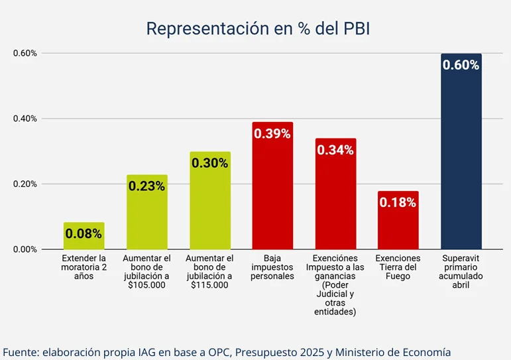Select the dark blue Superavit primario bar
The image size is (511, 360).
pyautogui.click(x=461, y=166)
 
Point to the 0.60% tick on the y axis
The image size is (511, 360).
pyautogui.click(x=25, y=53)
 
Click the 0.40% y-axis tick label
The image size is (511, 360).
pyautogui.click(x=25, y=119)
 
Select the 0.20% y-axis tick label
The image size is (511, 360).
pyautogui.click(x=25, y=184)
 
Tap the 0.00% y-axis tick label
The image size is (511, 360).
pyautogui.click(x=25, y=249)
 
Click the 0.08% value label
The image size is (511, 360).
pyautogui.click(x=84, y=233)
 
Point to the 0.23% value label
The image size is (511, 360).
pyautogui.click(x=146, y=186)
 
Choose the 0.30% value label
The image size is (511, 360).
pyautogui.click(x=209, y=163)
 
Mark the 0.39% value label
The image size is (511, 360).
pyautogui.click(x=272, y=134)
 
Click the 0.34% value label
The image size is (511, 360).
pyautogui.click(x=335, y=150)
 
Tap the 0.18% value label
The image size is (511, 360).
pyautogui.click(x=398, y=202)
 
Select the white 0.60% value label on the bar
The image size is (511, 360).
pyautogui.click(x=461, y=65)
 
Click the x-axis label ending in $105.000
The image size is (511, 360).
pyautogui.click(x=146, y=272)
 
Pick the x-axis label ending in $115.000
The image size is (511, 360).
pyautogui.click(x=209, y=272)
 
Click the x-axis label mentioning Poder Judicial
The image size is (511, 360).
pyautogui.click(x=335, y=285)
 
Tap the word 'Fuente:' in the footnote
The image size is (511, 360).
pyautogui.click(x=21, y=351)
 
